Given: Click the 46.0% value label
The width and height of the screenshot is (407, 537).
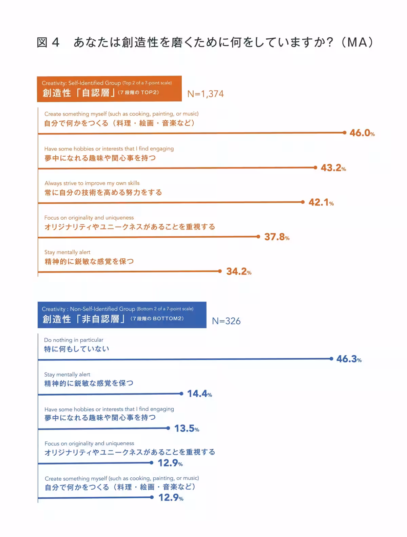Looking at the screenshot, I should pyautogui.click(x=362, y=133).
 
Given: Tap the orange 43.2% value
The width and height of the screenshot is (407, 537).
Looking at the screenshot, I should pyautogui.click(x=333, y=167).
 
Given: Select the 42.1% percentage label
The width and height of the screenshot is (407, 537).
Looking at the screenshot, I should pyautogui.click(x=321, y=202).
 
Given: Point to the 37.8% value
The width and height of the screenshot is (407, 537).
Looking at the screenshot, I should pyautogui.click(x=276, y=237).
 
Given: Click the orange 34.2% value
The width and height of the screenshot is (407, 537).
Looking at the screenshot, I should pyautogui.click(x=238, y=271).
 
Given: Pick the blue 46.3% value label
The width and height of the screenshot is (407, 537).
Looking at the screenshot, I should pyautogui.click(x=348, y=359).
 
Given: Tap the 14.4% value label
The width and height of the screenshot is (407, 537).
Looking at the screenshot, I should pyautogui.click(x=199, y=394).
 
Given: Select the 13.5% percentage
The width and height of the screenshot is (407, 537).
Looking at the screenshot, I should pyautogui.click(x=186, y=429).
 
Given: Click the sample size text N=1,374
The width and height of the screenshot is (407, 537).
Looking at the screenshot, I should pyautogui.click(x=206, y=94).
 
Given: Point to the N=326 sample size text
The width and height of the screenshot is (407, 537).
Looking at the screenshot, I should pyautogui.click(x=226, y=321).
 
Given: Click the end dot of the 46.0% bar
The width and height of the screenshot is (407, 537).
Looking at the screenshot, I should pyautogui.click(x=345, y=133).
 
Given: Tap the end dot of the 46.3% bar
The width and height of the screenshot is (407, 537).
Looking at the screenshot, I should pyautogui.click(x=331, y=359).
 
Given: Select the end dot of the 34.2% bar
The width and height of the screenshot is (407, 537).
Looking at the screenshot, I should pyautogui.click(x=220, y=271).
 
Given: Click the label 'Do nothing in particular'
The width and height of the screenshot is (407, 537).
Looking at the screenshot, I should pyautogui.click(x=74, y=340).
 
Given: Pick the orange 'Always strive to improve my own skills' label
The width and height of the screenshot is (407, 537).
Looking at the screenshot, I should pyautogui.click(x=92, y=183).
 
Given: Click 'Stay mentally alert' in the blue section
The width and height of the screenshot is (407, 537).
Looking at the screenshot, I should pyautogui.click(x=67, y=375).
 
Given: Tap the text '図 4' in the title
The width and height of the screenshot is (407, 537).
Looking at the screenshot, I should pyautogui.click(x=48, y=42).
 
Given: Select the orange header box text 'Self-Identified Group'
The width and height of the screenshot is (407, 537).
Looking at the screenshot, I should pyautogui.click(x=95, y=83).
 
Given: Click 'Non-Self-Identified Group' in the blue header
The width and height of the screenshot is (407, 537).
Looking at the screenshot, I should pyautogui.click(x=102, y=309).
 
